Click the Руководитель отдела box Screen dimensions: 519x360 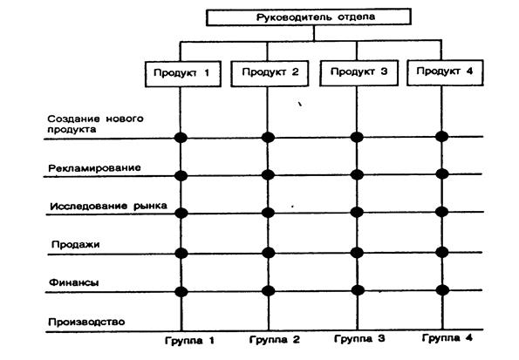pyautogui.click(x=309, y=17)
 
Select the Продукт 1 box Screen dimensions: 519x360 pyautogui.click(x=183, y=74)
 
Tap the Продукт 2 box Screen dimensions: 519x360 pyautogui.click(x=270, y=73)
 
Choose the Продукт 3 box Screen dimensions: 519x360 pyautogui.click(x=359, y=73)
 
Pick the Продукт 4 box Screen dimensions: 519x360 pyautogui.click(x=445, y=72)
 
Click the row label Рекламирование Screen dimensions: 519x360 pyautogui.click(x=95, y=168)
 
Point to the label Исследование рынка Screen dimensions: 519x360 pyautogui.click(x=108, y=206)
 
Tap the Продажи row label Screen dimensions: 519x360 pyautogui.click(x=76, y=245)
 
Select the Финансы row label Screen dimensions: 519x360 pyautogui.click(x=74, y=282)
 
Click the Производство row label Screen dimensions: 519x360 pyautogui.click(x=86, y=322)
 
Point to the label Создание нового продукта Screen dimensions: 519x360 pyautogui.click(x=95, y=124)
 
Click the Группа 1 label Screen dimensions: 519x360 pyautogui.click(x=189, y=341)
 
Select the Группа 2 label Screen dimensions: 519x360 pyautogui.click(x=275, y=340)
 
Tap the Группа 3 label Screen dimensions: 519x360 pyautogui.click(x=359, y=339)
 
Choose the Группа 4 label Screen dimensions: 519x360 pyautogui.click(x=447, y=338)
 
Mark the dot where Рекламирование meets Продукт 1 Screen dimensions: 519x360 pyautogui.click(x=181, y=176)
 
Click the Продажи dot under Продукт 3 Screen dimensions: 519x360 pyautogui.click(x=357, y=253)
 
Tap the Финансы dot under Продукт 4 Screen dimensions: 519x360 pyautogui.click(x=442, y=290)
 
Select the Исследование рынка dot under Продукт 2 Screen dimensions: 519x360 pyautogui.click(x=268, y=213)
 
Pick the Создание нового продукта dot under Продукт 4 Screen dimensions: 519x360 pyautogui.click(x=442, y=136)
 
